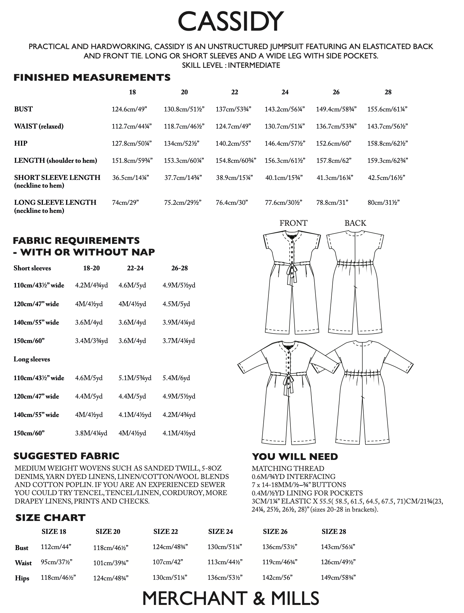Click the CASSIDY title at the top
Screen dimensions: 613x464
pyautogui.click(x=231, y=21)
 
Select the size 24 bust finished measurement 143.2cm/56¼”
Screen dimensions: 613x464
pyautogui.click(x=285, y=109)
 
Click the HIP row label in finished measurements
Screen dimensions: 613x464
pyautogui.click(x=21, y=143)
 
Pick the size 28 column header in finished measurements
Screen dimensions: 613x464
pyautogui.click(x=388, y=92)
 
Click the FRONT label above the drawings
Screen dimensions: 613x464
pyautogui.click(x=293, y=223)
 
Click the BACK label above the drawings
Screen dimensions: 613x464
pyautogui.click(x=355, y=223)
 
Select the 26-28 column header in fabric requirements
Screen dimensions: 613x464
pyautogui.click(x=179, y=268)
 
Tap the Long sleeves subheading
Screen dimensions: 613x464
pyautogui.click(x=32, y=359)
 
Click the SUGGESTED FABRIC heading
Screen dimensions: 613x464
pyautogui.click(x=66, y=456)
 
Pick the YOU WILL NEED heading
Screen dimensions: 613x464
pyautogui.click(x=295, y=456)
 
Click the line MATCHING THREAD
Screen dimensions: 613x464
pyautogui.click(x=288, y=468)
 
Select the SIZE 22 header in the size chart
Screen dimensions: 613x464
pyautogui.click(x=166, y=531)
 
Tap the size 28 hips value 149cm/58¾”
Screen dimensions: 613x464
pyautogui.click(x=338, y=577)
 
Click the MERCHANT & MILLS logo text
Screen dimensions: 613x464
pyautogui.click(x=231, y=598)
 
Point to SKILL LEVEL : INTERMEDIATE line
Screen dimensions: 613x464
pyautogui.click(x=231, y=65)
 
